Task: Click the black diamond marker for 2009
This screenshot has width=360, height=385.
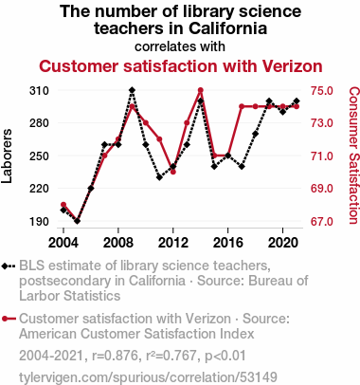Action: pos(132,90)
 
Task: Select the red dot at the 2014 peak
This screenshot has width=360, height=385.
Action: pos(200,90)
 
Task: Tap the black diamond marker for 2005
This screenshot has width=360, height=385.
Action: pos(77,221)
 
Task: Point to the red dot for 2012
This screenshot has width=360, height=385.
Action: pos(173,172)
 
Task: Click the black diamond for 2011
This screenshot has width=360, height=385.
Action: pos(159,177)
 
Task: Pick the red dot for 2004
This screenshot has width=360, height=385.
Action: pos(63,205)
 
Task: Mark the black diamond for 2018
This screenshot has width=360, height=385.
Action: pos(255,134)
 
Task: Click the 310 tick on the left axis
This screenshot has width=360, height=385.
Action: pos(39,91)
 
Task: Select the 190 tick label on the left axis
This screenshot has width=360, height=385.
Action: pos(39,221)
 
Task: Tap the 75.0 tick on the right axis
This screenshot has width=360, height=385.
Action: pos(322,91)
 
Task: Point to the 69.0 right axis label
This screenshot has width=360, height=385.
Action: pos(322,189)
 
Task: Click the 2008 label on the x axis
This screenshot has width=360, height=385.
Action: pos(118,243)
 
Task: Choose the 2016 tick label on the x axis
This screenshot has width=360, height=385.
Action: pos(228,243)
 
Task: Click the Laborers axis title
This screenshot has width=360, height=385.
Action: pos(7,156)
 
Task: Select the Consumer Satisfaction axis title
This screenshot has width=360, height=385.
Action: pos(353,156)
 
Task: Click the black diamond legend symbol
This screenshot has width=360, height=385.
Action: pos(9,266)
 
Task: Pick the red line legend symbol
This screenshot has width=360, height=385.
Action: pos(9,319)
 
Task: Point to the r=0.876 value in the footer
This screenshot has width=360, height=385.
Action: pos(115,356)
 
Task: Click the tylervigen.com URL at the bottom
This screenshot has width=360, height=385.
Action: pos(148,377)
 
